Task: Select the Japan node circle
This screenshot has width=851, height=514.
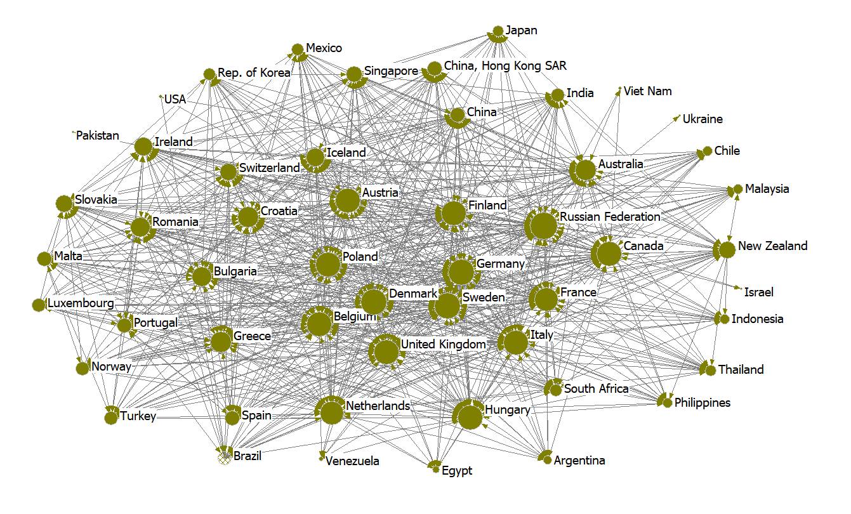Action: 498,30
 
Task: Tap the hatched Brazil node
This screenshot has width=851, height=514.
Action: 223,456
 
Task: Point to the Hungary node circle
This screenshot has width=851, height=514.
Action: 470,417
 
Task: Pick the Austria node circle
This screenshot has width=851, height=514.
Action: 347,201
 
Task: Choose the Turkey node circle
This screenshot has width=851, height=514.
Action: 111,417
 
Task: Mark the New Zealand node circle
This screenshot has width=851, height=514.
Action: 727,249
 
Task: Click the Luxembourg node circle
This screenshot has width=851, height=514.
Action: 38,305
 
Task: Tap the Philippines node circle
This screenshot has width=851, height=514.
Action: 668,403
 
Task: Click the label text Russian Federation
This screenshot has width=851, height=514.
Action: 610,217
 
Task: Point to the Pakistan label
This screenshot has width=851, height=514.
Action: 98,136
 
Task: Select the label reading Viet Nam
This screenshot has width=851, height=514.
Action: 647,91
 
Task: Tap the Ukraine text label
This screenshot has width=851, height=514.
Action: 703,119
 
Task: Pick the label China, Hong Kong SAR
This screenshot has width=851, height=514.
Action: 505,66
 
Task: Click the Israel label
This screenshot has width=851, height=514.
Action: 759,293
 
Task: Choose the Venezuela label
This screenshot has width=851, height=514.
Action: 352,461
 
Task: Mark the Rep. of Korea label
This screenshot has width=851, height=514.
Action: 254,73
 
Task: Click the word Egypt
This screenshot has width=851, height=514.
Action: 457,471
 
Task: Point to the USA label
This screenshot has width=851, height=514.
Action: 175,100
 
